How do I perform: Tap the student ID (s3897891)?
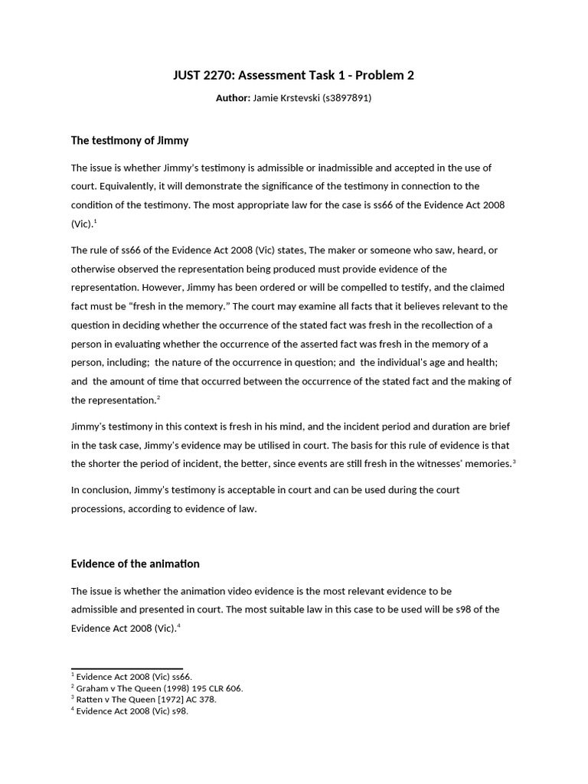tap(344, 99)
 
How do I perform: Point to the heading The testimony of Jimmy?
tap(129, 141)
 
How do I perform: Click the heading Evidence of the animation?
tap(135, 564)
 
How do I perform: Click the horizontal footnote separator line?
tap(126, 668)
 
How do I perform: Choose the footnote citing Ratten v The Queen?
tap(146, 700)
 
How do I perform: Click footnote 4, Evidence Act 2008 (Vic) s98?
tap(132, 711)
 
